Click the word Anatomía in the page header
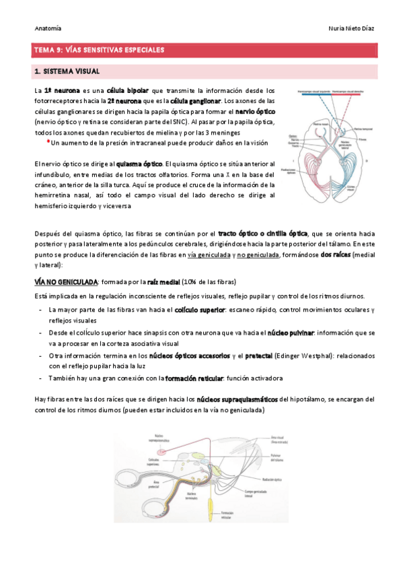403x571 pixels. (48, 28)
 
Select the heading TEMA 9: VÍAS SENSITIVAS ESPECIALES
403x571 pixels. (99, 50)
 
